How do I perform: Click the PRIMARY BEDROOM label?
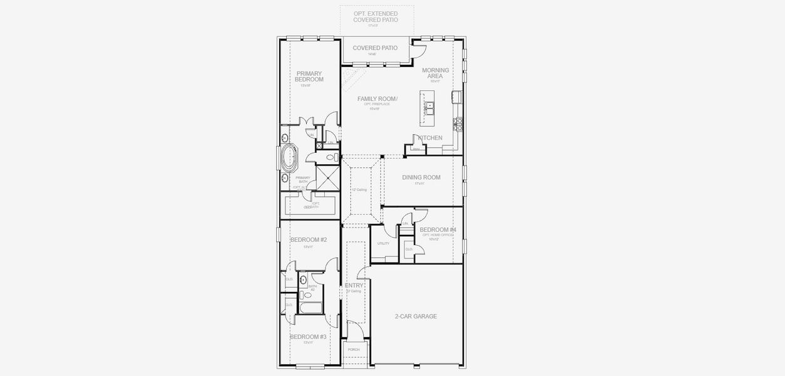(x=309, y=76)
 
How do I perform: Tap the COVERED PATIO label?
(x=375, y=48)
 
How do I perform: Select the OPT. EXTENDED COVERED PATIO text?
(x=375, y=16)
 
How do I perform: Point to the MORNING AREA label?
(x=435, y=73)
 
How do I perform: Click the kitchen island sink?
(x=430, y=108)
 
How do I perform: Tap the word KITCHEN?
(x=430, y=138)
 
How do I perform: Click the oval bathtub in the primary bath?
(x=289, y=159)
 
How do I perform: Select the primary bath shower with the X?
(x=326, y=177)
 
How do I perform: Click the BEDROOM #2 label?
(x=308, y=239)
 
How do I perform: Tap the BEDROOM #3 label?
(x=308, y=337)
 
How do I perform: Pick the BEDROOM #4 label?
(x=438, y=230)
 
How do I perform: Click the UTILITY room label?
(x=383, y=244)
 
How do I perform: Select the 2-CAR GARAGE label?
(x=416, y=316)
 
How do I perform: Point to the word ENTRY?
(x=354, y=285)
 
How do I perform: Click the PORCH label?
(x=354, y=350)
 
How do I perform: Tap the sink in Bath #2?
(x=303, y=280)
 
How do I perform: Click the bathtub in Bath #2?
(x=310, y=308)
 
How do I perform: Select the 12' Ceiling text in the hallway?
(x=359, y=189)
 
